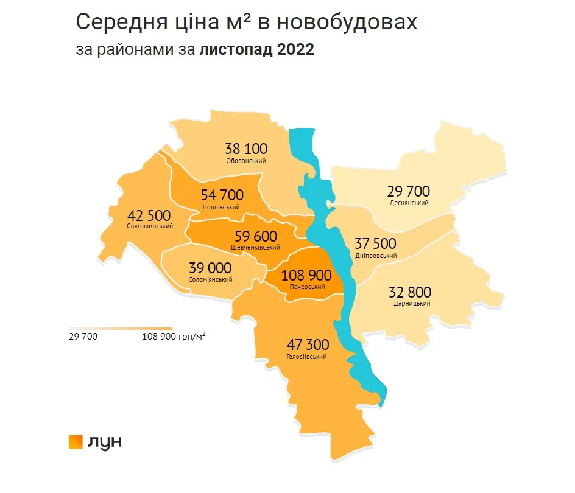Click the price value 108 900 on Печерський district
pos(306,275)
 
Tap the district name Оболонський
pos(245,161)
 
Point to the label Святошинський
pos(149,226)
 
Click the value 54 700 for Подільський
pos(222,195)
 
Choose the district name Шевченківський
pos(255,248)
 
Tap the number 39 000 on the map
pos(210,268)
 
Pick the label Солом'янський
pos(210,280)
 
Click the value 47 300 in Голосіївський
pos(307,345)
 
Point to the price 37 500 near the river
pos(375,244)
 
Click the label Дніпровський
pos(376,256)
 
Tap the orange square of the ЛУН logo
pos(76,442)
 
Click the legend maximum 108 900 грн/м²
pos(174,336)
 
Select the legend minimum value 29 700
pos(83,336)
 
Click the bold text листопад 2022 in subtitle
pos(256,50)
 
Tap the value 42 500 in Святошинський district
pos(149,215)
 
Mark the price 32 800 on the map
pos(409,292)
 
